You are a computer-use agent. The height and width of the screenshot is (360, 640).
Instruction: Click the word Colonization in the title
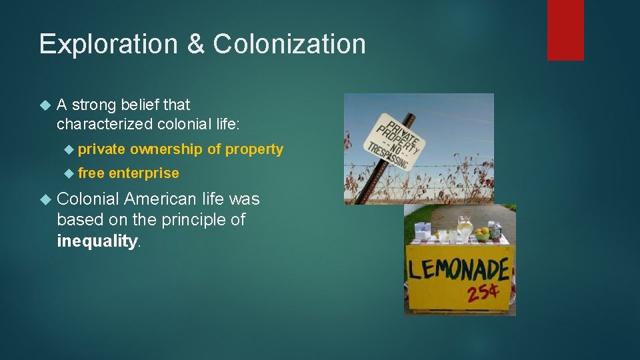pyautogui.click(x=289, y=44)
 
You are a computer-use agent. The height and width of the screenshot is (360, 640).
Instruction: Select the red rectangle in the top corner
pyautogui.click(x=565, y=29)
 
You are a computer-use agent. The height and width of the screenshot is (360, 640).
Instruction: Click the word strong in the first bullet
pyautogui.click(x=96, y=105)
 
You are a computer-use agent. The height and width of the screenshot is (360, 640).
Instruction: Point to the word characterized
pyautogui.click(x=105, y=124)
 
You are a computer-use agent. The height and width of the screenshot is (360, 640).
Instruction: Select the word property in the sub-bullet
pyautogui.click(x=254, y=149)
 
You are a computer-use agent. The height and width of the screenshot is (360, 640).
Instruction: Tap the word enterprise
pyautogui.click(x=144, y=173)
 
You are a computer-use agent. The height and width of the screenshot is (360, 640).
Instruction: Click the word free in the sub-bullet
pyautogui.click(x=91, y=173)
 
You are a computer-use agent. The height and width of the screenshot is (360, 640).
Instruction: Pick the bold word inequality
pyautogui.click(x=97, y=241)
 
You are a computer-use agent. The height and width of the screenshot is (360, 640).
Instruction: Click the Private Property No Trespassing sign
pyautogui.click(x=395, y=139)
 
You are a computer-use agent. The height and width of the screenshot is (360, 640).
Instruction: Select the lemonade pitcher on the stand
pyautogui.click(x=465, y=227)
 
